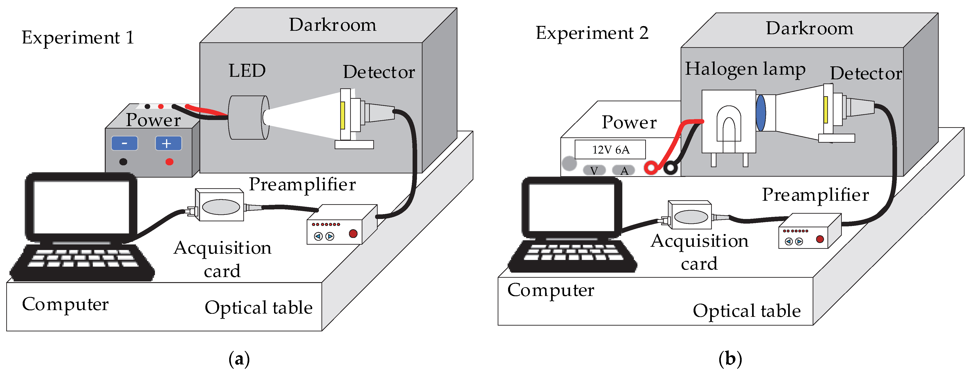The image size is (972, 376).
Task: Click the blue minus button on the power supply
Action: click(124, 143)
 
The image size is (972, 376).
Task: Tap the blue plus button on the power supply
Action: click(168, 143)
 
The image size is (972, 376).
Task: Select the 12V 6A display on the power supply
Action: click(610, 150)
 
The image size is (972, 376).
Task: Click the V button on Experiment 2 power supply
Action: click(594, 170)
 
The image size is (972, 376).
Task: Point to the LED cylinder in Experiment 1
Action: click(247, 118)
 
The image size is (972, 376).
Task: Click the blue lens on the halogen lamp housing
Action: click(761, 113)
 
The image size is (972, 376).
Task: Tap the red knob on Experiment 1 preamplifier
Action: click(353, 234)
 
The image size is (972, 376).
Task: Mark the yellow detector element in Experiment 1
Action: click(343, 115)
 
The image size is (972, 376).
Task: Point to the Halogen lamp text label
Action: click(745, 69)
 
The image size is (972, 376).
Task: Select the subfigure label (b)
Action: click(730, 359)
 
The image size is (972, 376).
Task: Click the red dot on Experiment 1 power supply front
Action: click(170, 162)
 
